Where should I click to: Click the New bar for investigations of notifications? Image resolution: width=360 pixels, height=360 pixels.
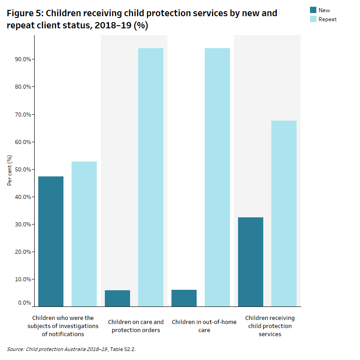[x=51, y=241]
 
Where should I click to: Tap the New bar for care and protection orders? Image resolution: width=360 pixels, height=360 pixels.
[x=117, y=298]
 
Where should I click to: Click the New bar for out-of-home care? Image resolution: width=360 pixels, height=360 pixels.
[x=184, y=298]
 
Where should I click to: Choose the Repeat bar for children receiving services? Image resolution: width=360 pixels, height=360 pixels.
[x=284, y=214]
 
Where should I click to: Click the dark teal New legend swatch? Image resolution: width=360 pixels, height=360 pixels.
[x=313, y=10]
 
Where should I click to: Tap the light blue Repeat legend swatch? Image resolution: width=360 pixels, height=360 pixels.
[x=313, y=19]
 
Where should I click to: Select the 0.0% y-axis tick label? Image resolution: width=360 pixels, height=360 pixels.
[x=23, y=303]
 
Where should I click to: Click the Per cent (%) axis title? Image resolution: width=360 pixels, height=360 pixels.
[x=9, y=170]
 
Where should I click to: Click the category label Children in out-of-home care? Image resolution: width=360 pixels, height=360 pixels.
[x=204, y=326]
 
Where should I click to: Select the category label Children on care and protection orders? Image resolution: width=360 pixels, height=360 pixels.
[x=136, y=326]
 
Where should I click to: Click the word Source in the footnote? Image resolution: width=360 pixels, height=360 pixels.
[x=15, y=349]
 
